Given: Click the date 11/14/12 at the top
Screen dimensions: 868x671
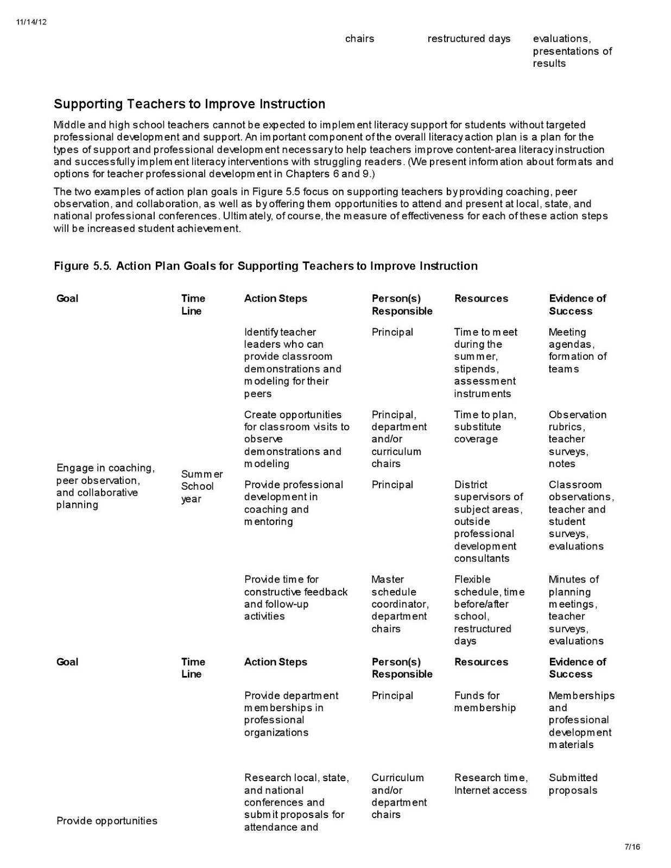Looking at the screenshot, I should [x=31, y=22].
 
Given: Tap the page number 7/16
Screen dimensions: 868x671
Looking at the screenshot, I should [x=632, y=847].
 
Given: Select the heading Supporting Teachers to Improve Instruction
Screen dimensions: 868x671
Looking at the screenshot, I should [x=189, y=104].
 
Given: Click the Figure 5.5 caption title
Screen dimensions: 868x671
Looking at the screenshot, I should [x=265, y=266].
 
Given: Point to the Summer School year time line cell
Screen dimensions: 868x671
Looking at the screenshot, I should [x=201, y=487].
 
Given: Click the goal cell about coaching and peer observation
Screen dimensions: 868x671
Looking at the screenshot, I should [x=105, y=486].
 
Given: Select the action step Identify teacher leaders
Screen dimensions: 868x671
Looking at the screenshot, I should [x=292, y=362].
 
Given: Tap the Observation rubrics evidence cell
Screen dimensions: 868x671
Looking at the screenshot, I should [x=577, y=439].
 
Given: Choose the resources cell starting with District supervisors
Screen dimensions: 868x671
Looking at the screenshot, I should [x=488, y=521].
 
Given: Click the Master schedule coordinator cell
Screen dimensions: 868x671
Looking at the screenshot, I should [x=400, y=604].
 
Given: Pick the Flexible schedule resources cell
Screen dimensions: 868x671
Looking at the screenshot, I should [x=489, y=610].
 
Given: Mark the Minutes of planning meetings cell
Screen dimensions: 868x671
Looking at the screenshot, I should [x=575, y=610].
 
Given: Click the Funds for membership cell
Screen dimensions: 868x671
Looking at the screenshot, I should [x=485, y=701].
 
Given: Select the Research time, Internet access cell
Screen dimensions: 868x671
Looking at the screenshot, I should [x=490, y=784].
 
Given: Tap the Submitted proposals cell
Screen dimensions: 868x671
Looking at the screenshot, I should [x=573, y=784].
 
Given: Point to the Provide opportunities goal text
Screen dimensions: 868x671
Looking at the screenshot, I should [x=107, y=821].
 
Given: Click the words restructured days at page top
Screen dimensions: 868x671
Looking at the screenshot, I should [x=469, y=39].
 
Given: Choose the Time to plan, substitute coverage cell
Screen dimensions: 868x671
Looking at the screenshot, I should [x=485, y=427].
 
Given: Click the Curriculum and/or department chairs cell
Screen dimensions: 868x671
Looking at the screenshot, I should [x=398, y=796].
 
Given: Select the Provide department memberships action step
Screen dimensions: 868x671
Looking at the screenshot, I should [x=291, y=714].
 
